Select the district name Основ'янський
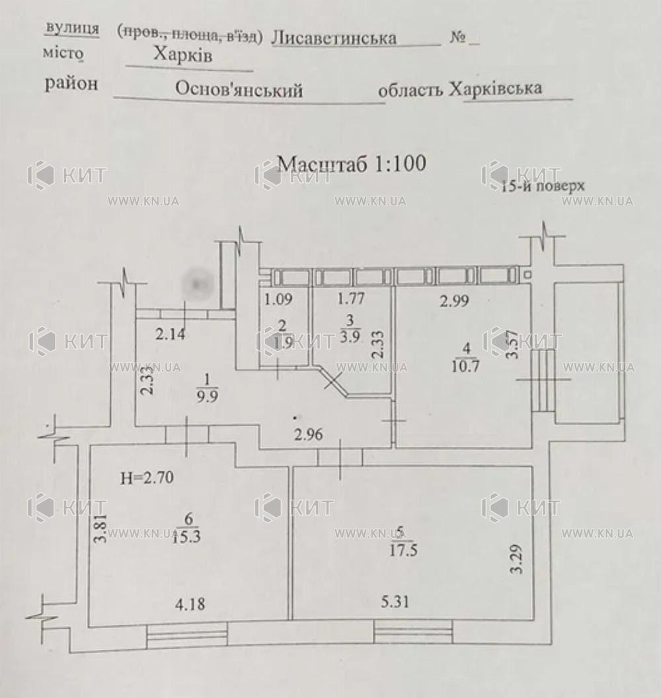239,90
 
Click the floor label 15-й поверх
543,187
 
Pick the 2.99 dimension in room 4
455,301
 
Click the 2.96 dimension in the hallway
309,435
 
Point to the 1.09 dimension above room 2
278,299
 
